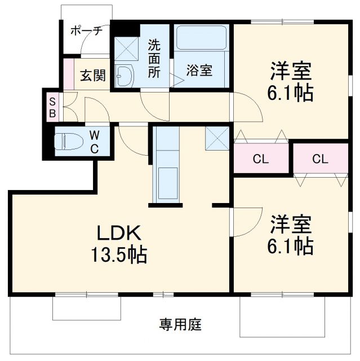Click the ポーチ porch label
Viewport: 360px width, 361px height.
pos(86,32)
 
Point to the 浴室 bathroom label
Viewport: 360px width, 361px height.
pos(199,71)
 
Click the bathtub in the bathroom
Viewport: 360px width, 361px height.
pos(201,38)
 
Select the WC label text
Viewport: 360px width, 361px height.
pos(95,142)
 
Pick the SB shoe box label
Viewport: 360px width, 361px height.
pos(52,107)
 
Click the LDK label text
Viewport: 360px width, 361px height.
pos(118,232)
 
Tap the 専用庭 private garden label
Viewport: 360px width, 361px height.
pos(180,325)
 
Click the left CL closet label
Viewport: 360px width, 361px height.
pos(260,159)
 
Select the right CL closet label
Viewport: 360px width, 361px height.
pos(320,159)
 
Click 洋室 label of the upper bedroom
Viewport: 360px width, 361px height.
pos(291,71)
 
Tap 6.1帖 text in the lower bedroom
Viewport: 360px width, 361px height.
pos(291,246)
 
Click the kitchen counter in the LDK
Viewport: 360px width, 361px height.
pos(166,166)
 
